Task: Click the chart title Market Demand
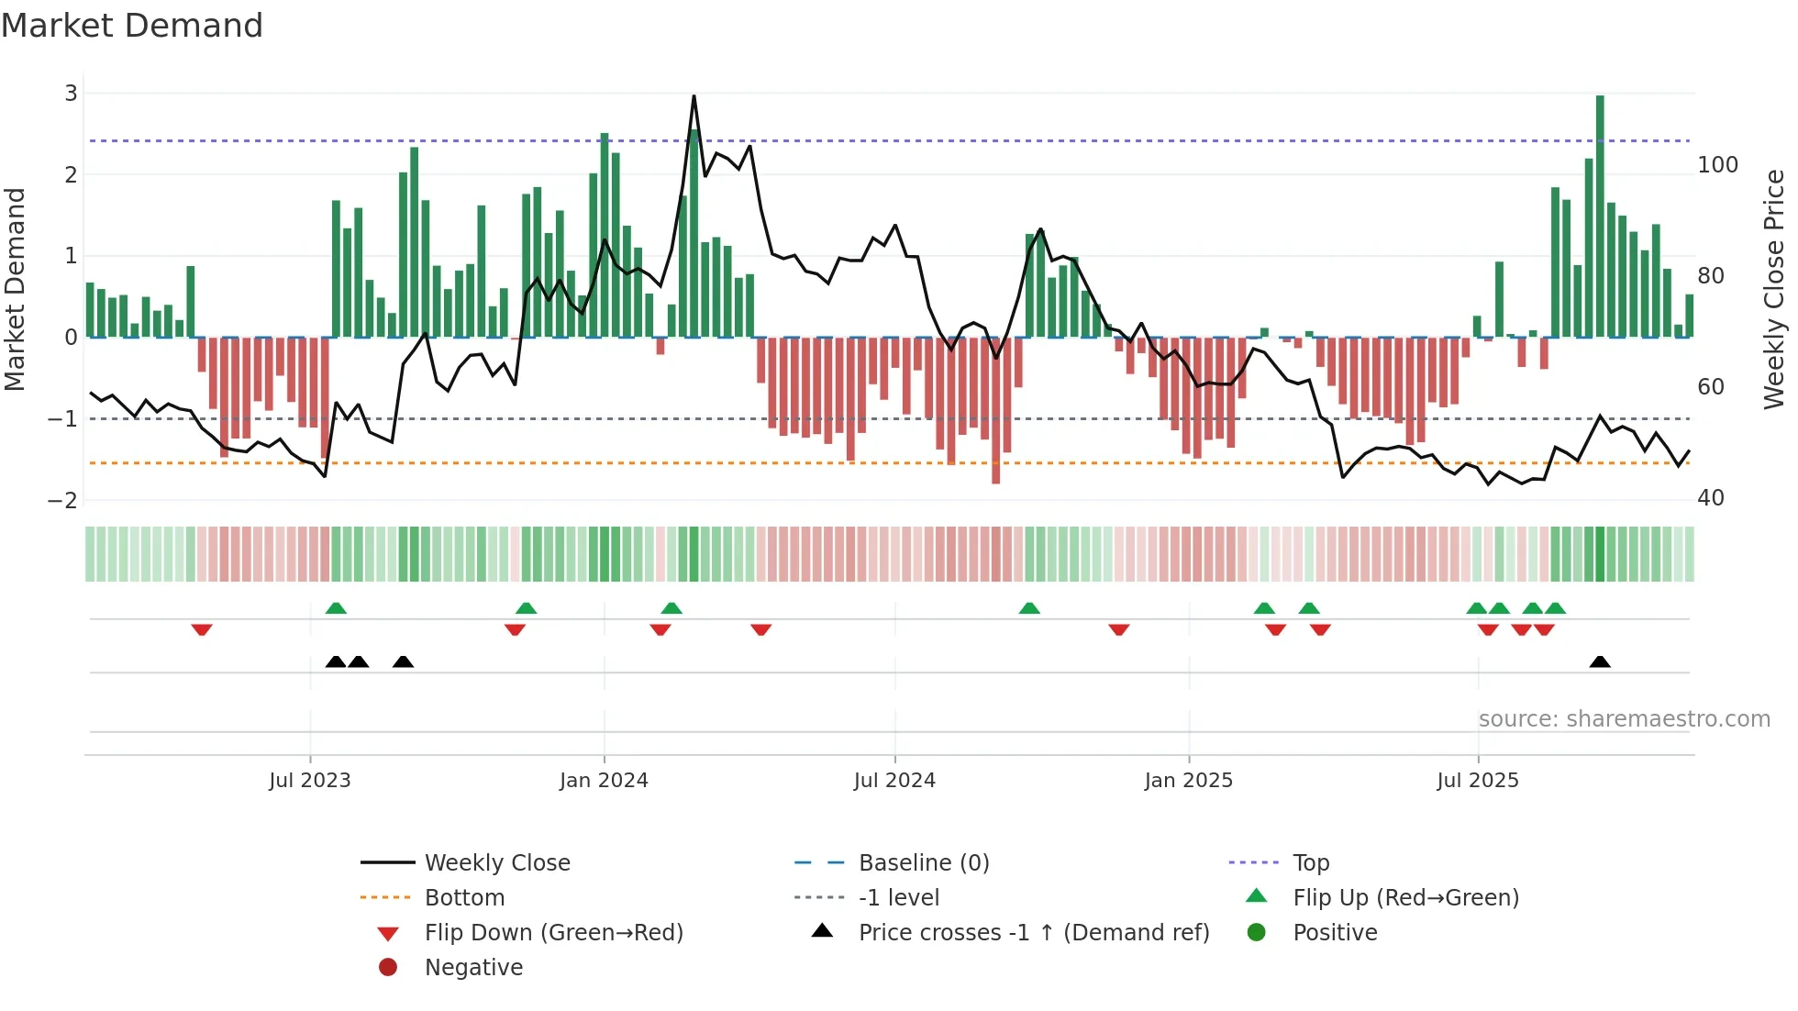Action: [x=132, y=26]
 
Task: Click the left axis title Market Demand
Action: [x=16, y=290]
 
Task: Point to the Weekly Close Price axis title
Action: [x=1774, y=290]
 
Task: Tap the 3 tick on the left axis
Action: [x=71, y=94]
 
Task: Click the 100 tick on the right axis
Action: [x=1717, y=165]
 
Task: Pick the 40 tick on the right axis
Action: [x=1711, y=498]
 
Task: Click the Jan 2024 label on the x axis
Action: [x=604, y=781]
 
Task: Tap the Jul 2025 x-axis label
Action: [x=1478, y=781]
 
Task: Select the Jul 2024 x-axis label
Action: [x=894, y=781]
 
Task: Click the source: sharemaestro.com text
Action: [x=1624, y=719]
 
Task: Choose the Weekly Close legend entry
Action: [x=496, y=863]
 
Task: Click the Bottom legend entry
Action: [x=464, y=898]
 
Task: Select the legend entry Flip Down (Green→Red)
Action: [x=553, y=933]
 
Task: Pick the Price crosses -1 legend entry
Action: [x=1033, y=933]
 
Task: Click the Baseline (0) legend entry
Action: [x=923, y=863]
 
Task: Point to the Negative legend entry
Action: [x=473, y=968]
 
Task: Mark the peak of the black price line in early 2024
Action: [x=694, y=96]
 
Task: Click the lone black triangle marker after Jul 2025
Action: [x=1600, y=661]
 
